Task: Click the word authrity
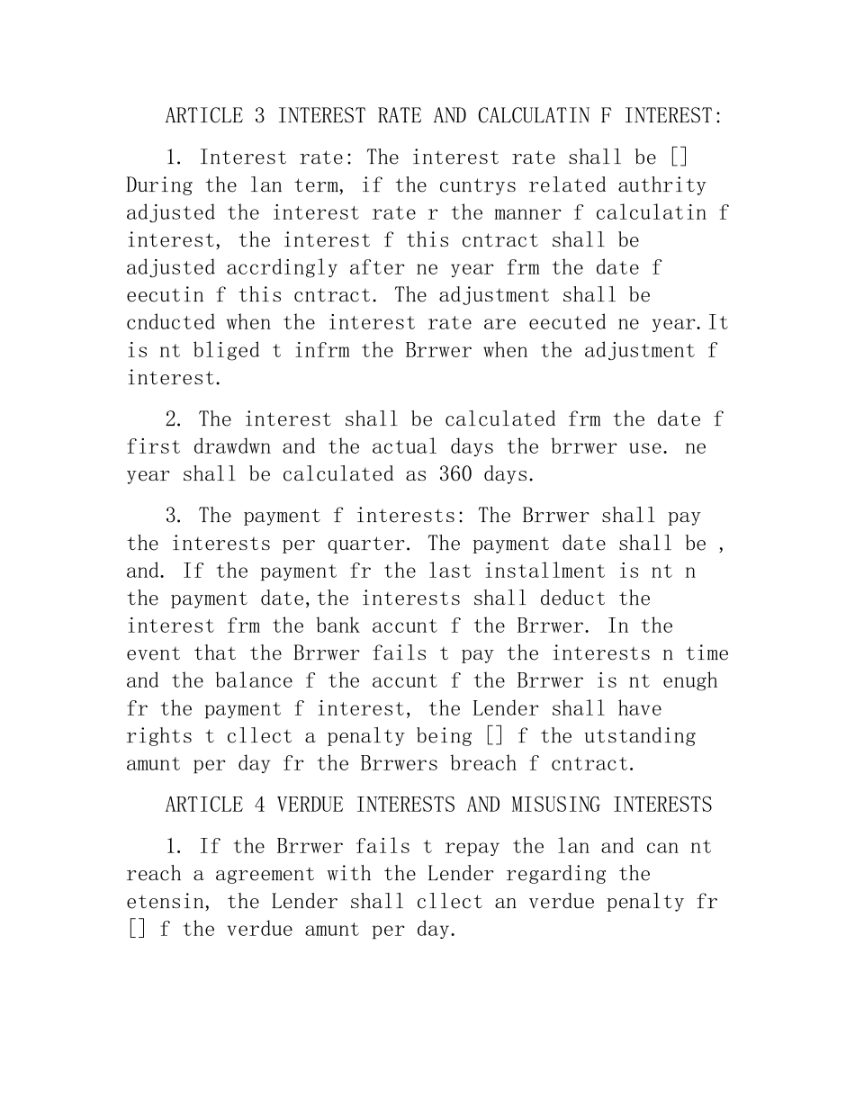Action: (661, 185)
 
